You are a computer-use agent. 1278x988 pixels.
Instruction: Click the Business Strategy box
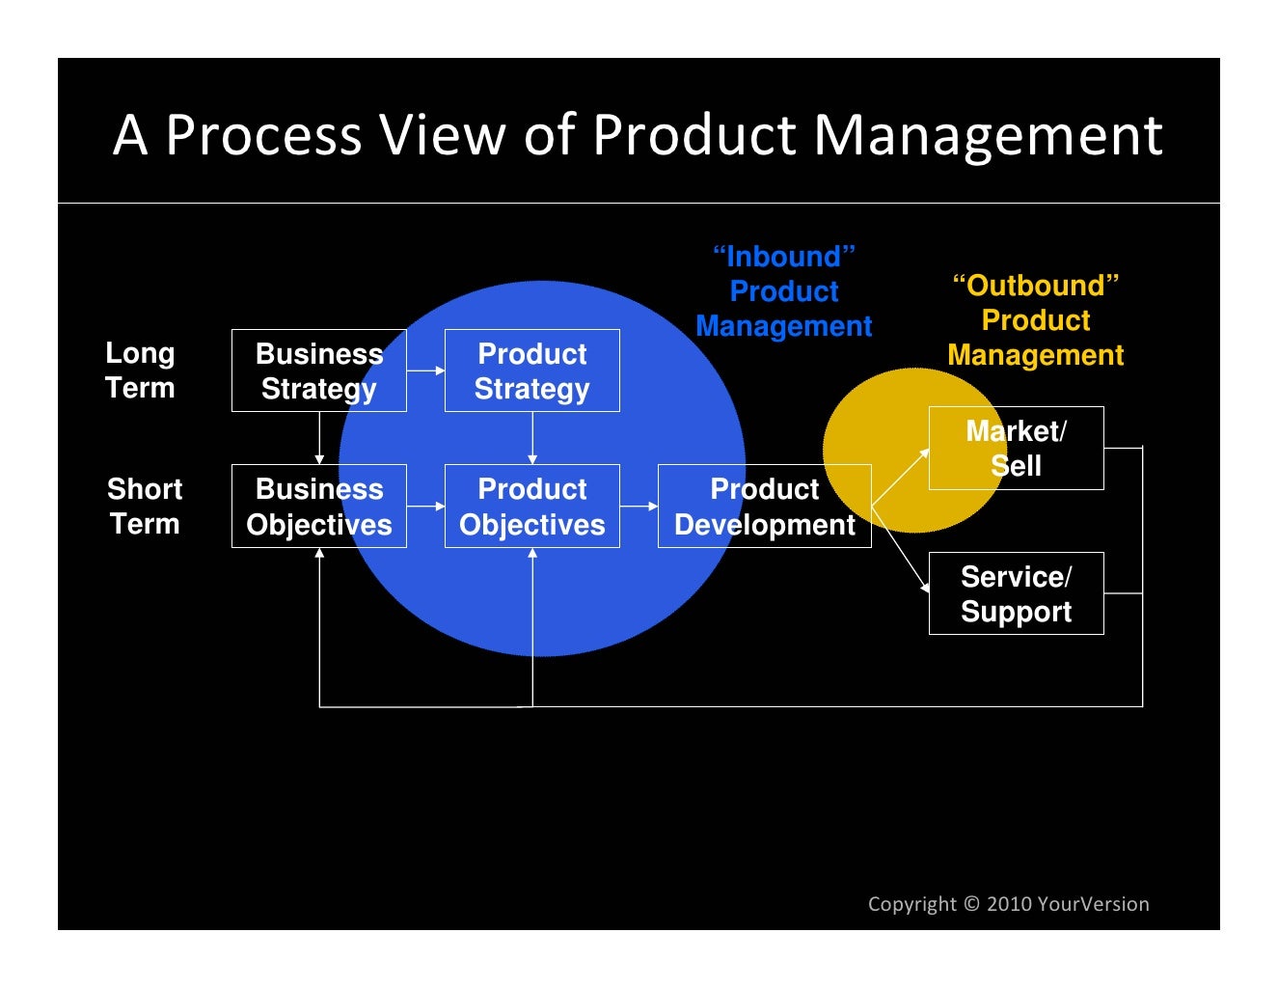pos(318,370)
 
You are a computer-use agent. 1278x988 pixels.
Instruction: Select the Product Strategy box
pos(531,370)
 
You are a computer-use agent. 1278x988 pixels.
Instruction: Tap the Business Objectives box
pos(318,506)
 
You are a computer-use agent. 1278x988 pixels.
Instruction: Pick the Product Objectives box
pos(531,506)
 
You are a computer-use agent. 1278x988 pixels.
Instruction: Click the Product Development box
pos(764,506)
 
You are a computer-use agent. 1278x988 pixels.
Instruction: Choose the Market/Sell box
pos(1016,448)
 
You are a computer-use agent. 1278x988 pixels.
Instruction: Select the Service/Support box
pos(1016,593)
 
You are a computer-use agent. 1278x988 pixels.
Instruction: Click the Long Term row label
pos(140,370)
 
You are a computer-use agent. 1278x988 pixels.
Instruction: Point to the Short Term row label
pos(145,506)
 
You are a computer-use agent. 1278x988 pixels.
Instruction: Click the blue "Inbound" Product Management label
pos(783,291)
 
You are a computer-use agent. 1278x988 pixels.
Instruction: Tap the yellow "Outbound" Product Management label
pos(1035,320)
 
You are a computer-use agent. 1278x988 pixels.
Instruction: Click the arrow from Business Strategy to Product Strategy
pos(425,370)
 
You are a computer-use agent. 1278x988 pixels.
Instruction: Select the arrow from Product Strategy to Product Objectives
pos(532,438)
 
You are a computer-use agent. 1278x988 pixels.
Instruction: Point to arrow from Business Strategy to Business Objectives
pos(319,438)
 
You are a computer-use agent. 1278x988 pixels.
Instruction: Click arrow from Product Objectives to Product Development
pos(639,506)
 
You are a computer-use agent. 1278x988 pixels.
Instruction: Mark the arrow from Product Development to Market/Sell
pos(900,478)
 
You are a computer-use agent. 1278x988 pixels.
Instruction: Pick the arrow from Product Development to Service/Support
pos(900,549)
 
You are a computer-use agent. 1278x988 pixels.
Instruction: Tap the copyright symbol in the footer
pos(971,904)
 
